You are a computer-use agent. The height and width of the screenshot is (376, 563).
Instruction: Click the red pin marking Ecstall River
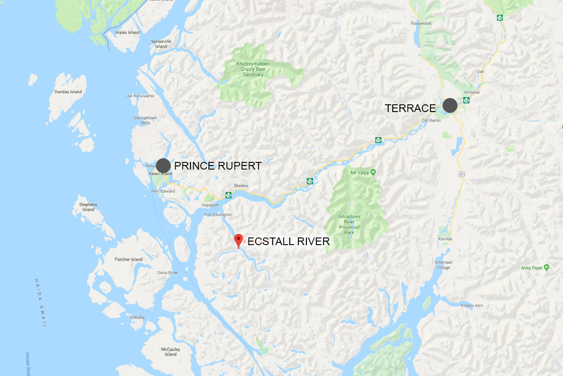tap(239, 239)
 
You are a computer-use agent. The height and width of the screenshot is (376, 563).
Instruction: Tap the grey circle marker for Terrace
tap(450, 105)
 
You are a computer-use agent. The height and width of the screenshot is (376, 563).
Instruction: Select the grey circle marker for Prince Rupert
tap(163, 166)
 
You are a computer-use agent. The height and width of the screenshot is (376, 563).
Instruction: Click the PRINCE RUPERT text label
tap(217, 166)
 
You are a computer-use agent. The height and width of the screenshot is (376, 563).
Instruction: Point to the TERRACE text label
tap(410, 108)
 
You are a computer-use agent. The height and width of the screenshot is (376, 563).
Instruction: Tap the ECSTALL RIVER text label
tap(288, 242)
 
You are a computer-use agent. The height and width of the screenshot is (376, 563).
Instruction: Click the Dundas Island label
tap(68, 92)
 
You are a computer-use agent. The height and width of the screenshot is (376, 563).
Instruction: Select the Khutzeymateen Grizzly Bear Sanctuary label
tap(253, 69)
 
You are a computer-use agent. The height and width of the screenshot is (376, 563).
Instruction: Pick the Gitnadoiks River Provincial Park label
tap(350, 224)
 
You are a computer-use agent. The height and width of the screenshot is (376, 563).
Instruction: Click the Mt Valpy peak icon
tap(373, 172)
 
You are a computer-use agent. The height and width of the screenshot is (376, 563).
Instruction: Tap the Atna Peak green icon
tap(546, 268)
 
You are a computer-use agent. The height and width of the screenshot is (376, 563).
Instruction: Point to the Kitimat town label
tap(444, 239)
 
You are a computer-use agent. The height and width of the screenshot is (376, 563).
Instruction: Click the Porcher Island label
tap(129, 259)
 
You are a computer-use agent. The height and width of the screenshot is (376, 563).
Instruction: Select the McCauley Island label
tap(170, 351)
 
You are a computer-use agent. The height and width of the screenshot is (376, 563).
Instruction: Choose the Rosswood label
tap(421, 23)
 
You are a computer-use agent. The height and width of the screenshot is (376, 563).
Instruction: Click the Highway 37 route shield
tap(461, 174)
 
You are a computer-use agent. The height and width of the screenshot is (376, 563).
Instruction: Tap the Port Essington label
tap(218, 215)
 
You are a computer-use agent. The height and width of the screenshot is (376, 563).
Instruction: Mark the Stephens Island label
tap(88, 207)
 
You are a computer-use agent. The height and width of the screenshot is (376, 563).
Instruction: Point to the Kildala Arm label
tap(472, 305)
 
